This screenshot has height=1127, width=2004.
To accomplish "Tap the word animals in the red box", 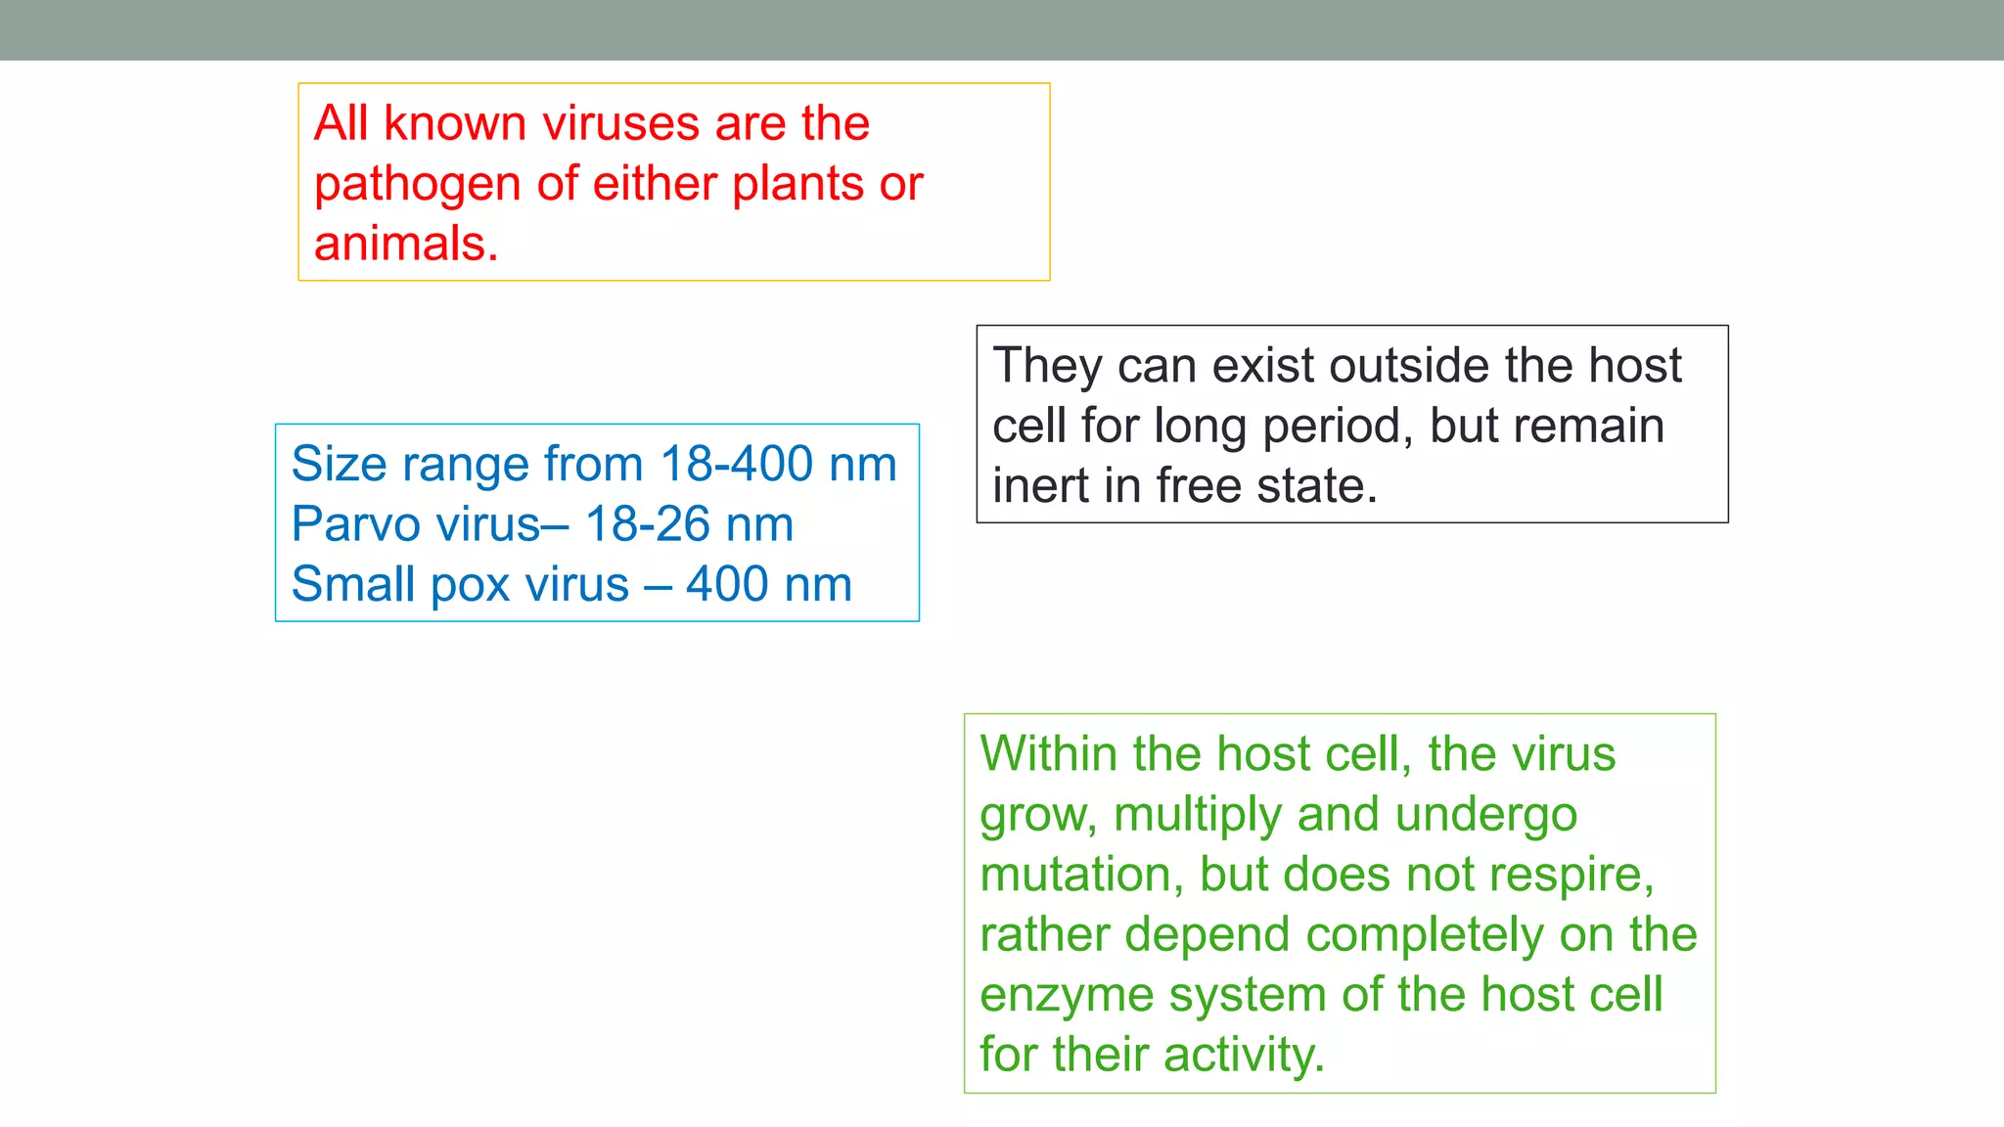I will [400, 244].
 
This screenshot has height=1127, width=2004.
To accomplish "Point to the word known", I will [455, 124].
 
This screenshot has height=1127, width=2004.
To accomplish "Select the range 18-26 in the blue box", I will [647, 524].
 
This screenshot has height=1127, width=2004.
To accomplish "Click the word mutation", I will [1074, 875].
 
